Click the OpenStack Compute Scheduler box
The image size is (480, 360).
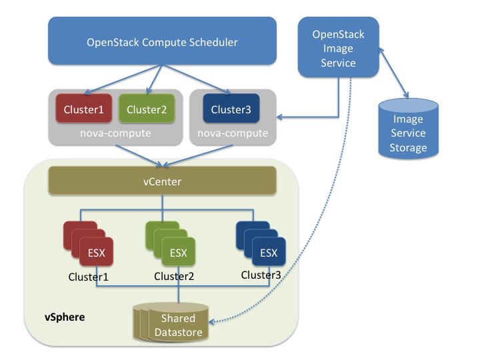coord(162,42)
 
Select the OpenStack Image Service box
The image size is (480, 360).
coord(339,49)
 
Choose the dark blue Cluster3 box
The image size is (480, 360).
coord(231,109)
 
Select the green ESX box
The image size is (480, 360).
coord(178,253)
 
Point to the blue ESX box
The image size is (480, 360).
coord(269,252)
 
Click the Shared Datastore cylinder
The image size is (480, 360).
coord(177,324)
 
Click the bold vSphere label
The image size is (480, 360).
coord(65,317)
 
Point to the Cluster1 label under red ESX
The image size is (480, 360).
coord(89,275)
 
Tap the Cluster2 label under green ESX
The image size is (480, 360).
coord(175,276)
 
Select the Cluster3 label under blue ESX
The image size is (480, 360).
coord(261,275)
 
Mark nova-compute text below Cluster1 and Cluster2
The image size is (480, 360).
coord(115,133)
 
